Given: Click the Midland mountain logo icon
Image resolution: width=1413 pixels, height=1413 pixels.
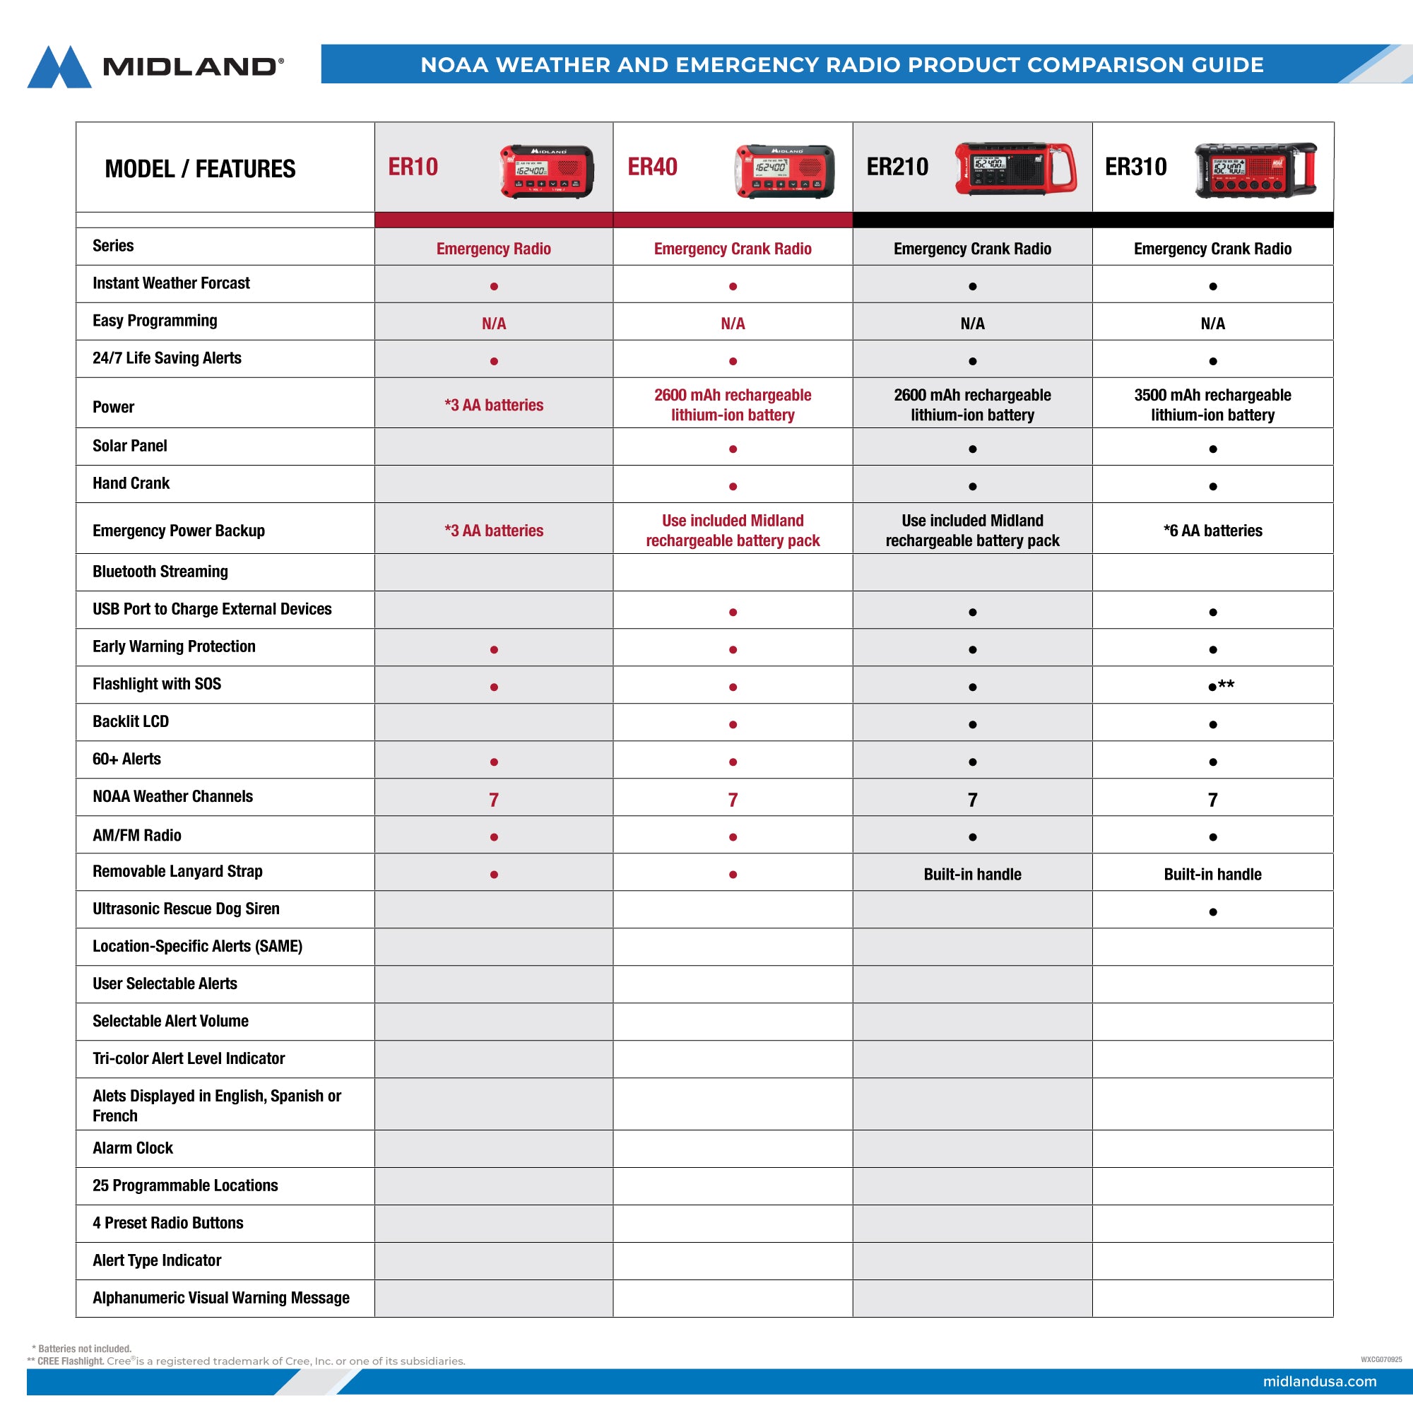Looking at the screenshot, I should tap(59, 67).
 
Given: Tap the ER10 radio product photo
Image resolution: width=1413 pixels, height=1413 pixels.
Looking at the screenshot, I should tap(546, 171).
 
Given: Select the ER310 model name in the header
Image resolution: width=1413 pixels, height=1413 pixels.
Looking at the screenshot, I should tap(1135, 167).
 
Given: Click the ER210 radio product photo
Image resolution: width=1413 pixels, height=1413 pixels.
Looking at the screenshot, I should tap(1015, 169).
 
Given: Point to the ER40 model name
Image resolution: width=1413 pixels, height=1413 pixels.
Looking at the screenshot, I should tap(652, 167).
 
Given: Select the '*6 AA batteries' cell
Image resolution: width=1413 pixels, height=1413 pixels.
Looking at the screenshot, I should tap(1212, 531).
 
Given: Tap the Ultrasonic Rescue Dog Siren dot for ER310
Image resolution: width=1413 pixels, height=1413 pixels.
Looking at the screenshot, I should tap(1212, 912).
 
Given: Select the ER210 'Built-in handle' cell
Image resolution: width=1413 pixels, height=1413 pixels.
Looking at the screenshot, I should tap(972, 874).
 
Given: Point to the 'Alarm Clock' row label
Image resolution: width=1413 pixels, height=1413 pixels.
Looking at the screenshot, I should tap(132, 1148).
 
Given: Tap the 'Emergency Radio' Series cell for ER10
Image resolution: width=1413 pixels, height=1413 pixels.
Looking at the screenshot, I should tap(494, 249).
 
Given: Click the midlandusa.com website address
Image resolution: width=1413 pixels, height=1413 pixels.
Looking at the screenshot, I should tap(1318, 1381).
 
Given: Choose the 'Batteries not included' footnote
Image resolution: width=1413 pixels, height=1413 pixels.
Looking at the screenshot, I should tap(82, 1349).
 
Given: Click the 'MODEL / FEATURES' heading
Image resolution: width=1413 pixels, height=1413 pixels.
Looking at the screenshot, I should tap(200, 169).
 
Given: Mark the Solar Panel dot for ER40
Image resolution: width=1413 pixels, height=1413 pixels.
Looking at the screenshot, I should tap(733, 449).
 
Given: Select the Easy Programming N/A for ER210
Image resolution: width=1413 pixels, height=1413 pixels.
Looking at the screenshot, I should tap(972, 324).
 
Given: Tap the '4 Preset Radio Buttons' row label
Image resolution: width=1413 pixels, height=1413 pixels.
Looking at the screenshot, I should tap(167, 1223).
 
